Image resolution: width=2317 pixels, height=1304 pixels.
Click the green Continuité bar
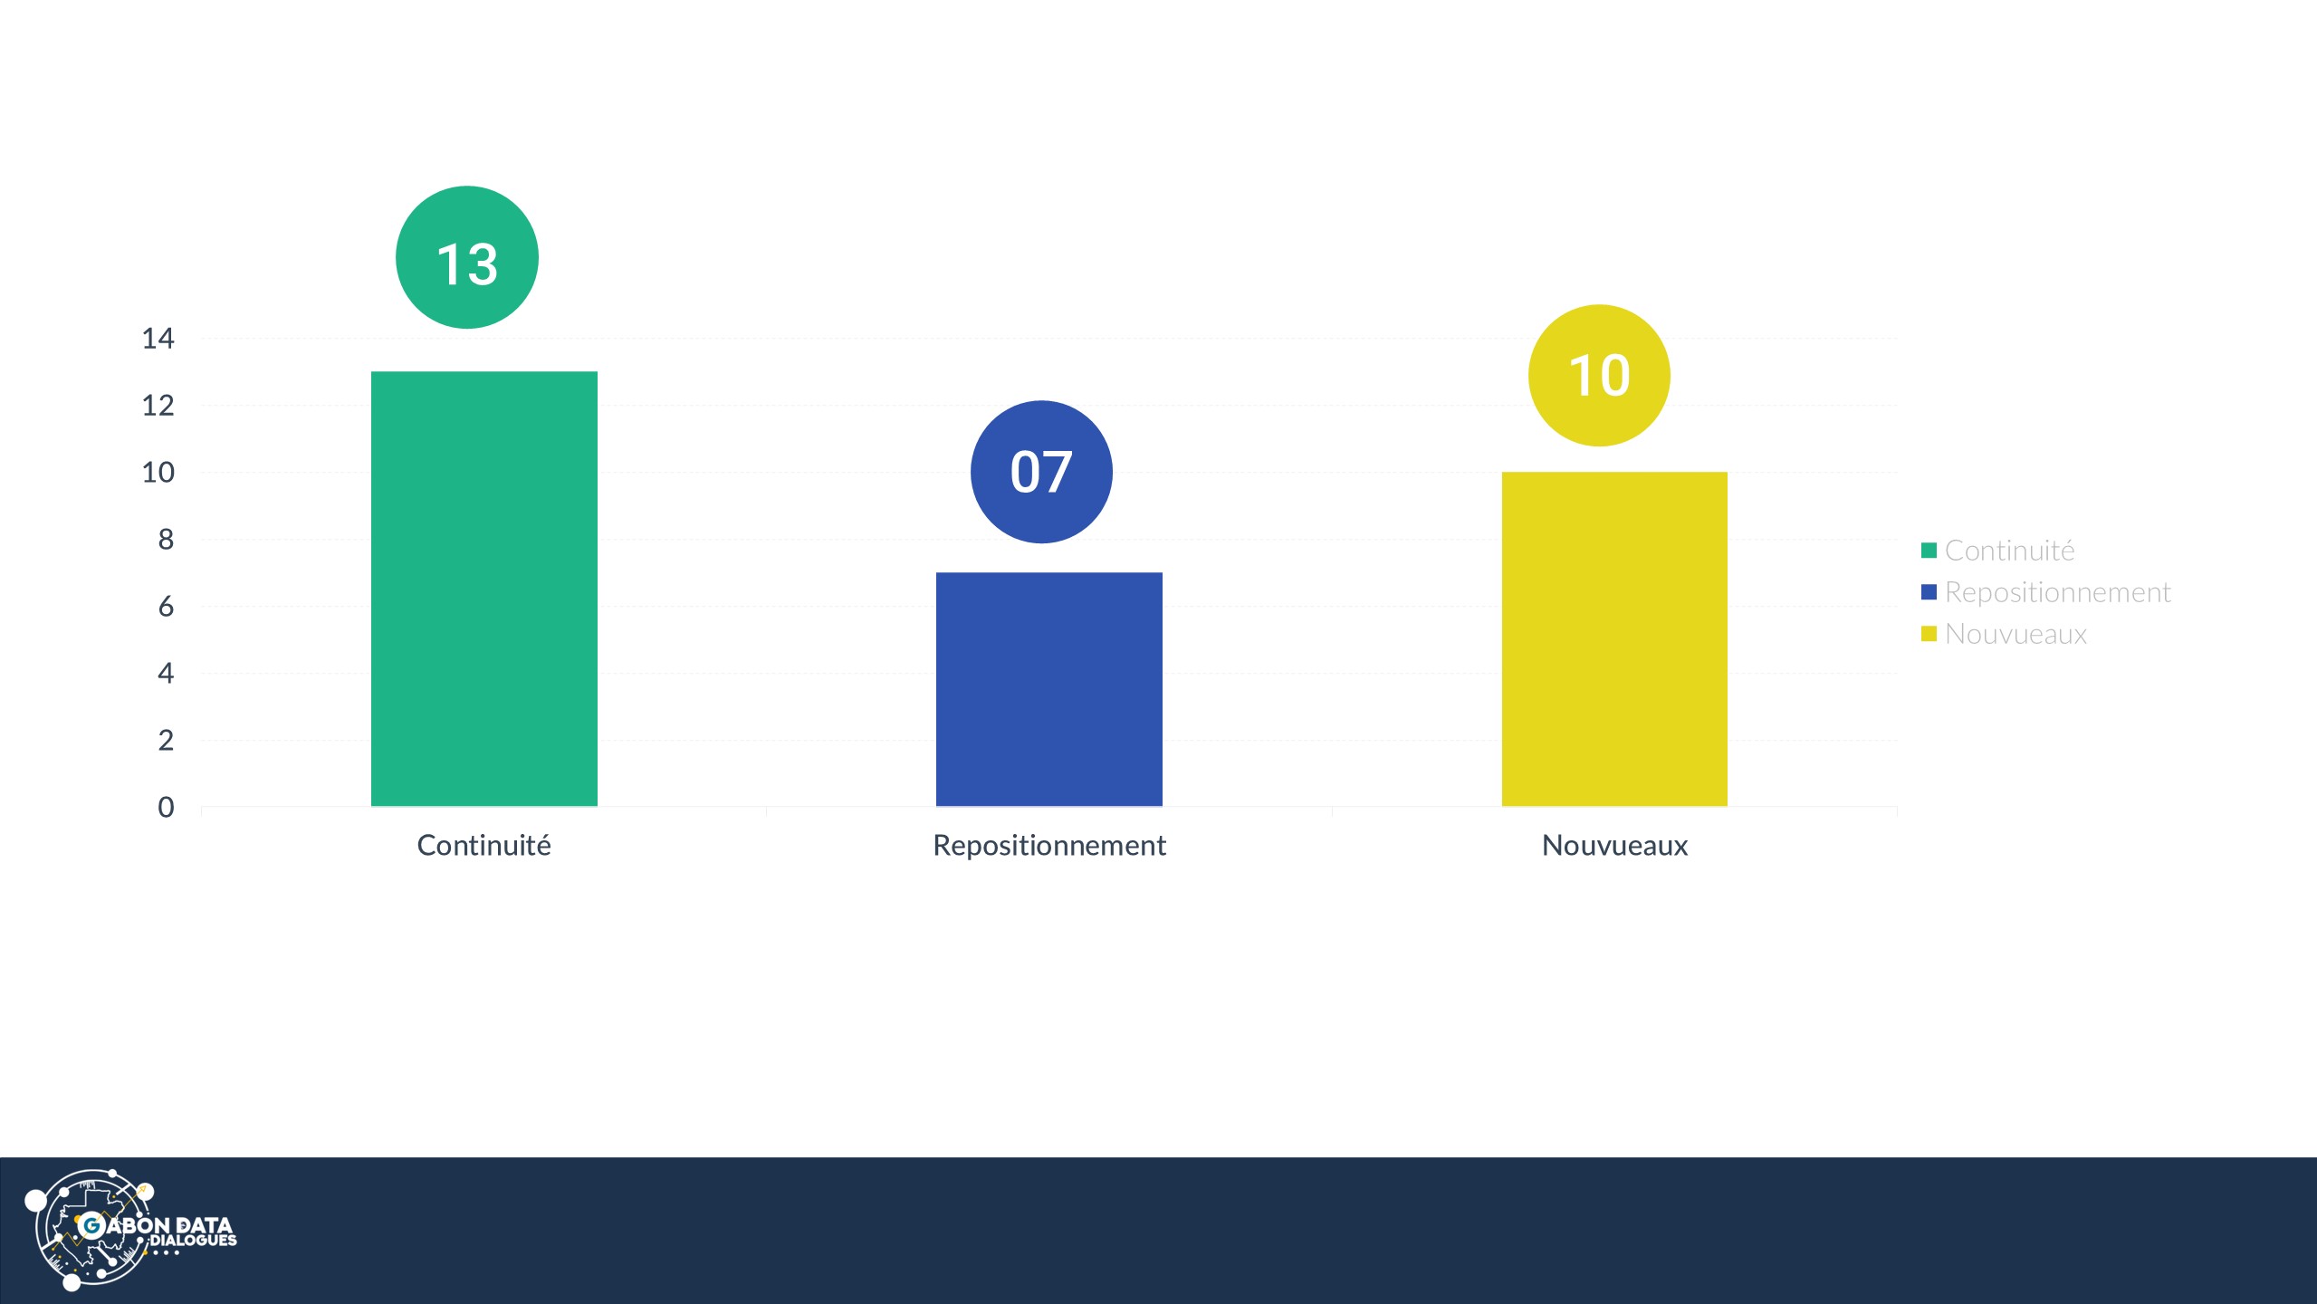click(x=484, y=589)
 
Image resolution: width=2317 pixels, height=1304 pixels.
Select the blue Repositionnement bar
click(x=1049, y=689)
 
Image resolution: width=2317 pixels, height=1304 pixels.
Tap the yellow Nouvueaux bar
click(x=1614, y=639)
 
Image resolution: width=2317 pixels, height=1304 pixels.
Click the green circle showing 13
click(x=467, y=257)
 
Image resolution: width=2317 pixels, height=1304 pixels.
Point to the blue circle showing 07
click(x=1041, y=472)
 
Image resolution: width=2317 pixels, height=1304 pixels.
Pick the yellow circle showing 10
click(x=1599, y=375)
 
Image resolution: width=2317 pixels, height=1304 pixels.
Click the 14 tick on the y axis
click(x=158, y=339)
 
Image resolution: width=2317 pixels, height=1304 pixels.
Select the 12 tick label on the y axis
click(x=158, y=406)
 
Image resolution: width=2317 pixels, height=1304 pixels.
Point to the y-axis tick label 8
click(x=166, y=540)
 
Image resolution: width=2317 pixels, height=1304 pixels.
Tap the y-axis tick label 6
click(x=166, y=607)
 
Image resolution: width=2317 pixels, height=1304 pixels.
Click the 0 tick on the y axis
click(x=166, y=807)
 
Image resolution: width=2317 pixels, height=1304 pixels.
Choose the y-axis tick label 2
click(x=166, y=741)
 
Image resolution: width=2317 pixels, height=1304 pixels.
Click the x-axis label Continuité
click(x=484, y=846)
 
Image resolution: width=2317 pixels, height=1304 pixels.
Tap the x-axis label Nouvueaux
click(x=1614, y=846)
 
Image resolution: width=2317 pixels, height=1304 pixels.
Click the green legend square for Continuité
click(x=1929, y=551)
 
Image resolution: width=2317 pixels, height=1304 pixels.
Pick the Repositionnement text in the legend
click(x=2057, y=593)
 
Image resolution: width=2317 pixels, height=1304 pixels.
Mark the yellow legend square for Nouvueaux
click(x=1929, y=634)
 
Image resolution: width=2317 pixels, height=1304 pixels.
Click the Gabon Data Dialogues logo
click(x=130, y=1230)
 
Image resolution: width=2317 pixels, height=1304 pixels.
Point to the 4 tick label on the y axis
click(x=166, y=674)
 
